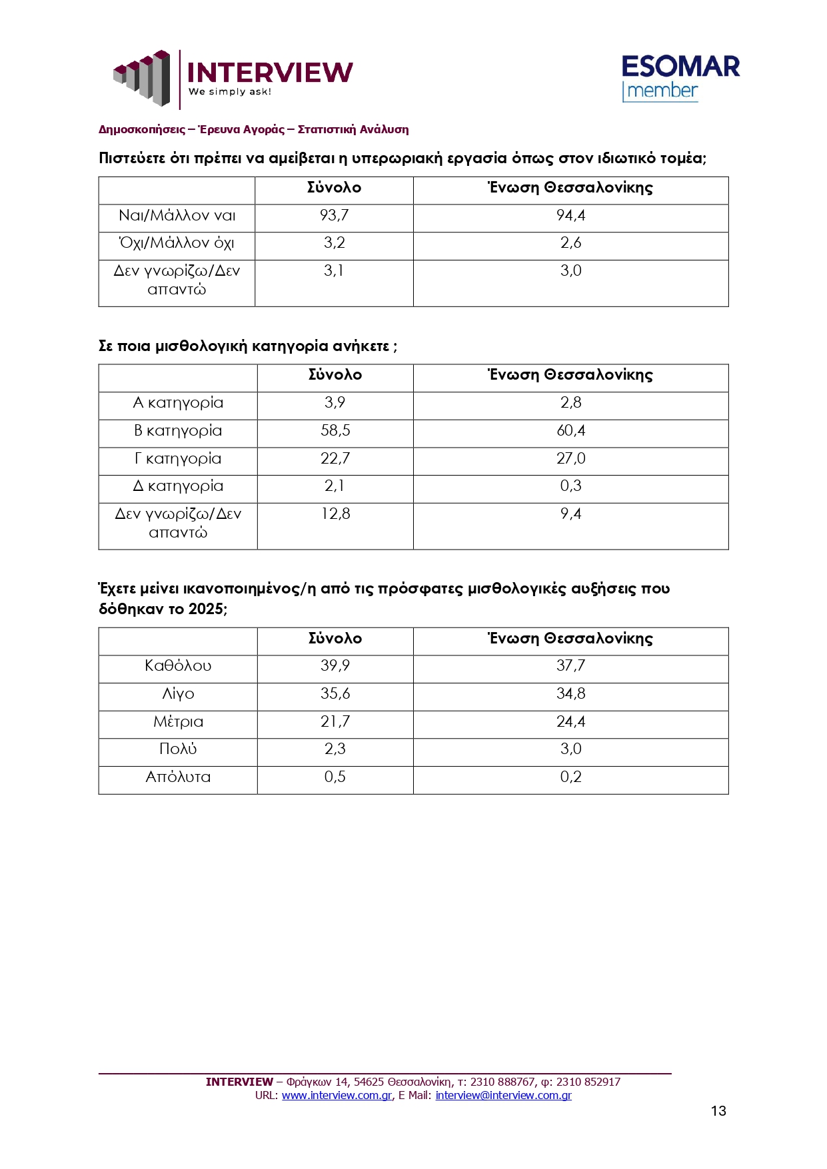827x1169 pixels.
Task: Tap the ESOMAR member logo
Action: point(680,78)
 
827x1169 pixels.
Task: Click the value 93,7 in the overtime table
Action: point(334,215)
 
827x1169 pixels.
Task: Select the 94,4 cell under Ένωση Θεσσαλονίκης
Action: point(570,215)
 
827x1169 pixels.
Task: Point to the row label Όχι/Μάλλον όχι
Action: point(177,243)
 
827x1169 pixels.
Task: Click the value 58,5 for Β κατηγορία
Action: point(335,430)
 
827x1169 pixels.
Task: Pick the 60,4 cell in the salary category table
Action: point(570,430)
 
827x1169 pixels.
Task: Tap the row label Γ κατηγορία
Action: point(178,458)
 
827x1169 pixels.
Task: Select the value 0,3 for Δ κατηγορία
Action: point(570,486)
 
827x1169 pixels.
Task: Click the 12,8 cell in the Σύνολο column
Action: point(335,514)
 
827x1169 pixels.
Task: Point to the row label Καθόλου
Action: point(178,665)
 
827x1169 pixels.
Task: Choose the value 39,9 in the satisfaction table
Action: point(335,665)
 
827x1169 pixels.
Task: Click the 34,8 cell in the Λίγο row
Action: point(570,693)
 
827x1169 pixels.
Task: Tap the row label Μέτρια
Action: point(178,721)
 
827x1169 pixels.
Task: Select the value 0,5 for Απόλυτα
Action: point(335,777)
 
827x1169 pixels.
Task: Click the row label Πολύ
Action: point(178,749)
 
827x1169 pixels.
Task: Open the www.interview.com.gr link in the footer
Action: point(337,1095)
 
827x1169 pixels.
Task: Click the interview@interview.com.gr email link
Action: point(503,1095)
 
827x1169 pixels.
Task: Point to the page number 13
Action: point(718,1110)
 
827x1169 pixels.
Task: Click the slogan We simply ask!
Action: point(230,92)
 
